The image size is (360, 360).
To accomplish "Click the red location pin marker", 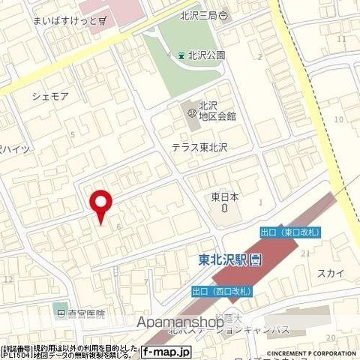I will pyautogui.click(x=100, y=204).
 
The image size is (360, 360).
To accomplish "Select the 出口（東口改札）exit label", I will pyautogui.click(x=289, y=232).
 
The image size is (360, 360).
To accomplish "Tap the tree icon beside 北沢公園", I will pyautogui.click(x=181, y=55).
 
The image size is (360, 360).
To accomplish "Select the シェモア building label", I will pyautogui.click(x=50, y=95).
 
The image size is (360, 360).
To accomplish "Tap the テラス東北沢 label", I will pyautogui.click(x=199, y=148).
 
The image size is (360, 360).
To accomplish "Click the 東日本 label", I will pyautogui.click(x=224, y=198).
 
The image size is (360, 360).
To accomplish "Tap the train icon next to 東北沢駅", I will pyautogui.click(x=256, y=261).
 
